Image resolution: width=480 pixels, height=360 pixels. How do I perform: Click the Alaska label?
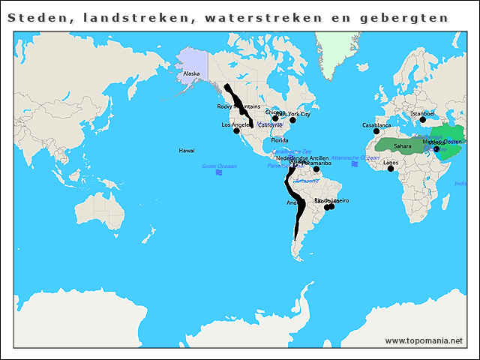coord(191,73)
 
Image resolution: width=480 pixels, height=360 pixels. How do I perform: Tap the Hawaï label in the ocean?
coord(187,151)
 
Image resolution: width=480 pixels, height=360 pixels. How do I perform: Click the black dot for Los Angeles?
coord(237,131)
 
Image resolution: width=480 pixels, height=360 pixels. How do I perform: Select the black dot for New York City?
coord(293,120)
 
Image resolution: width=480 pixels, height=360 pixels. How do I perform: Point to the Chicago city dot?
coord(275,118)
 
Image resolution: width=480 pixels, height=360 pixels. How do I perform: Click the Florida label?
coord(279,140)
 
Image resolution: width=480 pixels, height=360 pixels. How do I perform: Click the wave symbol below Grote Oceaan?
coord(219,173)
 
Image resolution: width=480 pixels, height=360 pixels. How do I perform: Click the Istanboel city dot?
coord(422,120)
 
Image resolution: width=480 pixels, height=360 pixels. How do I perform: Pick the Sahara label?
coord(403,145)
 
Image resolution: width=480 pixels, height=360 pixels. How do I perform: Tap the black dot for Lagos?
coord(390,169)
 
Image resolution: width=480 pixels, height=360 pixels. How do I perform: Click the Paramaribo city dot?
coord(316,169)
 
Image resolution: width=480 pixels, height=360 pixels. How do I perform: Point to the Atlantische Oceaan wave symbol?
coord(354,164)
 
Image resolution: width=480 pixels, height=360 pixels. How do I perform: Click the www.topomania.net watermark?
coord(423,340)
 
